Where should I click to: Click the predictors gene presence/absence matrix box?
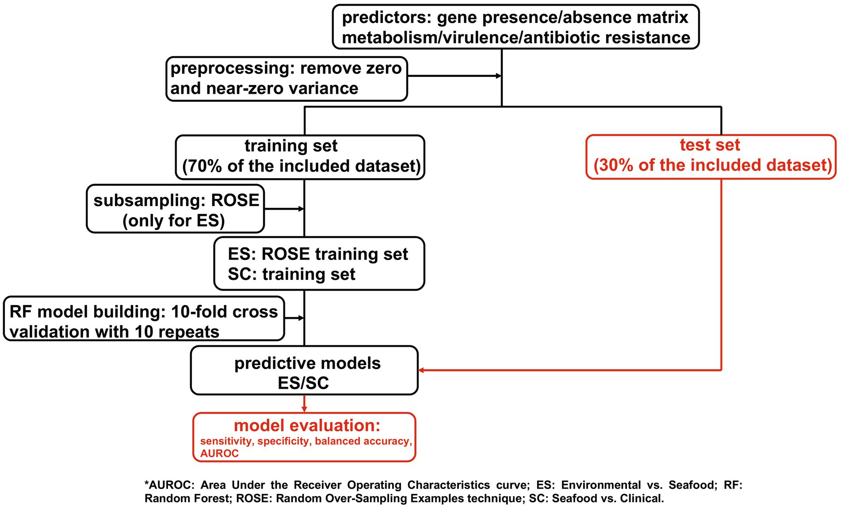click(x=516, y=27)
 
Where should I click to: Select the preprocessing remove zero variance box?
click(x=287, y=79)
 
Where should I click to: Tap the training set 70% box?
click(x=300, y=157)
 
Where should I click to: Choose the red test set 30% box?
click(x=711, y=157)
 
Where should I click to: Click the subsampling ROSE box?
click(x=175, y=209)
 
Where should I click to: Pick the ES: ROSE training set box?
click(x=319, y=264)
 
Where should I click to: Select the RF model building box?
click(x=144, y=318)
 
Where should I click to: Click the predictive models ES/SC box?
click(x=304, y=370)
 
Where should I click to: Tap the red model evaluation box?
click(x=304, y=437)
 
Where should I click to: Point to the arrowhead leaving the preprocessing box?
click(x=499, y=76)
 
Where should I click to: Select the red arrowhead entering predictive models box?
click(x=421, y=370)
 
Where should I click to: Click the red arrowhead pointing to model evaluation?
click(x=304, y=409)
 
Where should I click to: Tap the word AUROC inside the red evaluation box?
click(x=219, y=453)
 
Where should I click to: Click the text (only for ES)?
click(x=174, y=221)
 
